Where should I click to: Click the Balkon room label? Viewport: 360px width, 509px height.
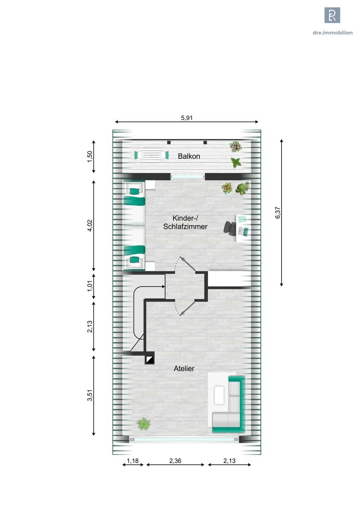tap(189, 156)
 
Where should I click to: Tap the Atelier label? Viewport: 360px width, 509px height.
tap(184, 369)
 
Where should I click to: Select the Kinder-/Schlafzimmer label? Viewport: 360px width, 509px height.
tap(185, 222)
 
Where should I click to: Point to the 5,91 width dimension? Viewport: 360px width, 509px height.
tap(187, 118)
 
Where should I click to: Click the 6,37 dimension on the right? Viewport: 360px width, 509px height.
tap(278, 213)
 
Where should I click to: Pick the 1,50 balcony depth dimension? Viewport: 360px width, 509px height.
tap(90, 157)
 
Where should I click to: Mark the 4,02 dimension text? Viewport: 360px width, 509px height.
tap(90, 226)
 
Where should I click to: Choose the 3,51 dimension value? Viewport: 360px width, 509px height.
tap(90, 396)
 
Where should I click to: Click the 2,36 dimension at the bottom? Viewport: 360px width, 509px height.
tap(175, 461)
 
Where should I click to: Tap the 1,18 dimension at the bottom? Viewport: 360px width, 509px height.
tap(133, 461)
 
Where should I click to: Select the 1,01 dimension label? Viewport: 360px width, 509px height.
tap(90, 286)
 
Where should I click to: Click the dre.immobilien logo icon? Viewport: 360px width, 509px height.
tap(332, 15)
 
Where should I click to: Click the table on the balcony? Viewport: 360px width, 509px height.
tap(151, 155)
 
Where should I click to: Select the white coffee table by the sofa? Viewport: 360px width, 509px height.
tap(219, 396)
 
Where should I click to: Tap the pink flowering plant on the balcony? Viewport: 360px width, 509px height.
tap(235, 147)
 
